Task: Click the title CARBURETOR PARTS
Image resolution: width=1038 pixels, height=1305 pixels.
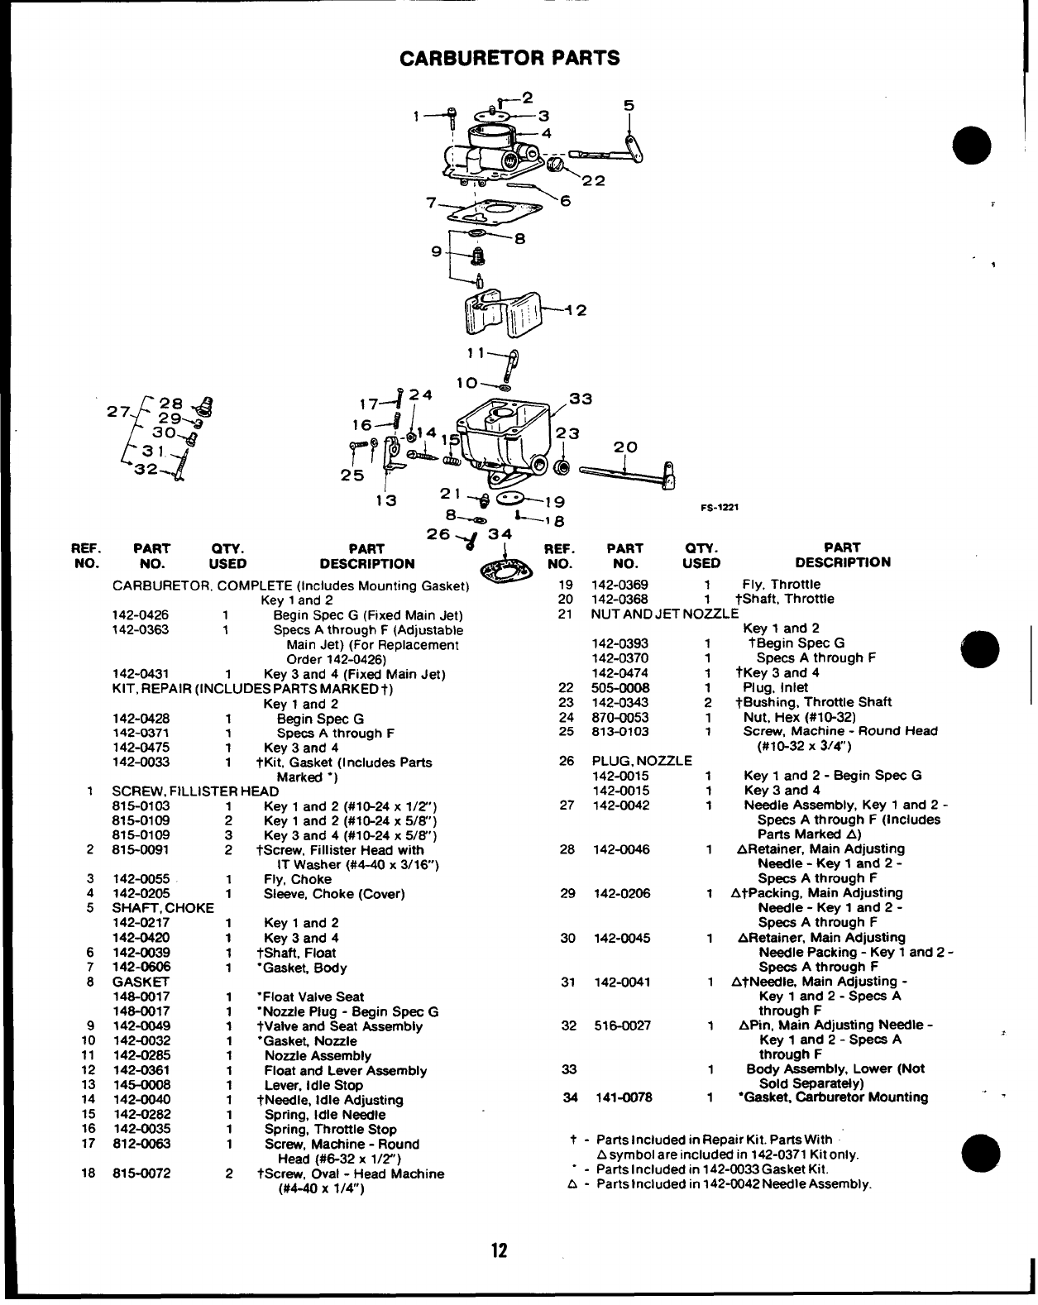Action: [x=509, y=58]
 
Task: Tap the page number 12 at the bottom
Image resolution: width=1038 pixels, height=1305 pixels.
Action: [x=499, y=1250]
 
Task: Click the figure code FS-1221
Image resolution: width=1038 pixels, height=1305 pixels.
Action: [x=720, y=508]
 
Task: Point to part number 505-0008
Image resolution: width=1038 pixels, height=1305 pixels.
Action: [x=620, y=687]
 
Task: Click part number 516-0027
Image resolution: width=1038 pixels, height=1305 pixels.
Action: [x=622, y=1025]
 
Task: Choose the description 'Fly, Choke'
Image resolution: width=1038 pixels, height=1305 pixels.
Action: [x=298, y=879]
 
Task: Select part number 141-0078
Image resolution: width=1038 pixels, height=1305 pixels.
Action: [x=624, y=1097]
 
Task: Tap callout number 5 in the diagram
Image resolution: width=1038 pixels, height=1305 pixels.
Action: [x=629, y=105]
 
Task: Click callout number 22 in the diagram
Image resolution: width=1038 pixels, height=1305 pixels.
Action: [x=593, y=181]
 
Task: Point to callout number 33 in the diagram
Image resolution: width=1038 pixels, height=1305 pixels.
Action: [x=581, y=399]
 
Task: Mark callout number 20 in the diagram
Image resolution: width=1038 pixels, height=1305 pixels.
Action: [x=625, y=447]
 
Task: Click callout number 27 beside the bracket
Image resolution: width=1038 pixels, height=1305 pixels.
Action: [x=119, y=411]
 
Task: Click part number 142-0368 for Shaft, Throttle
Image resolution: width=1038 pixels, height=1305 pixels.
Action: [x=620, y=599]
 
